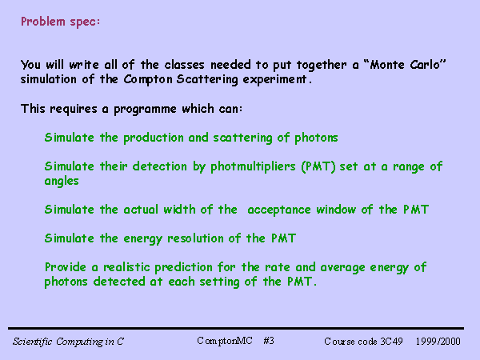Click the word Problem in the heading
pos(43,22)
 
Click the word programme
pos(145,110)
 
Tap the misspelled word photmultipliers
pos(253,167)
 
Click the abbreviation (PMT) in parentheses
pos(318,167)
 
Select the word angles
pos(62,182)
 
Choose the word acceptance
pos(279,210)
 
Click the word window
pos(336,210)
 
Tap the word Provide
pos(66,267)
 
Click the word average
pos(342,268)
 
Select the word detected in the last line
pos(119,282)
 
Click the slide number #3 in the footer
pos(269,341)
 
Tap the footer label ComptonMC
pos(225,341)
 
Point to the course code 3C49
pos(391,342)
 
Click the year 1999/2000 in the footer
pos(438,342)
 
